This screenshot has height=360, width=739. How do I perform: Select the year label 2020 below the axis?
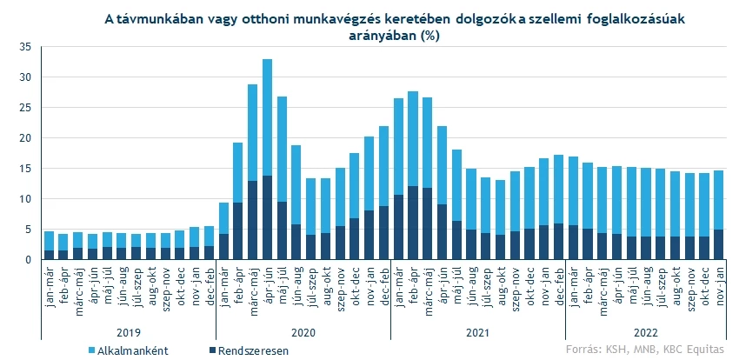tap(302, 332)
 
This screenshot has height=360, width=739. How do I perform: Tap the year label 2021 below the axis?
tap(477, 332)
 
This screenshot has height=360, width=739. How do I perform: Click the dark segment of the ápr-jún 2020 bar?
tap(267, 217)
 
